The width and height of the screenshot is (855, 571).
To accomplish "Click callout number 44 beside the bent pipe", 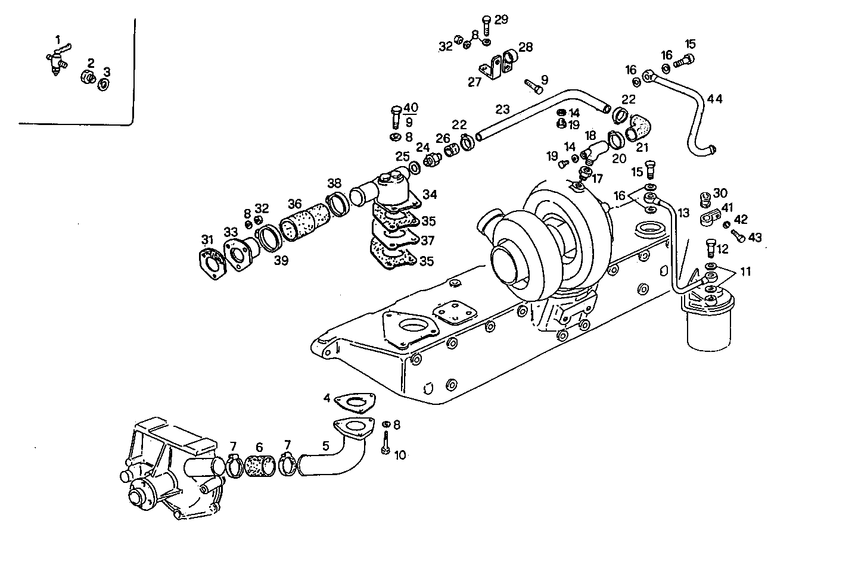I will tap(714, 99).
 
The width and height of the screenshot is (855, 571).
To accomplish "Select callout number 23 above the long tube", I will tap(502, 110).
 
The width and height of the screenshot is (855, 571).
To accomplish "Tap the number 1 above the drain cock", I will tap(58, 39).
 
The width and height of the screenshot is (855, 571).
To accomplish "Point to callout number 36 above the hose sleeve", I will tap(296, 202).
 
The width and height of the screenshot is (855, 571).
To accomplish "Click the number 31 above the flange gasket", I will tap(207, 239).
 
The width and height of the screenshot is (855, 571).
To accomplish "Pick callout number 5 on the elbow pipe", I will tap(325, 445).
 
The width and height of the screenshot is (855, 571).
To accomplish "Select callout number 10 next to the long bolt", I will tap(400, 455).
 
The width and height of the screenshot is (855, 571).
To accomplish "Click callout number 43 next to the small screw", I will tap(755, 237).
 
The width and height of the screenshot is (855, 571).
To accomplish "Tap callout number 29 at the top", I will tap(501, 20).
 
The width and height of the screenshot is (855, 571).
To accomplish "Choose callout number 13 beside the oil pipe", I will tap(683, 213).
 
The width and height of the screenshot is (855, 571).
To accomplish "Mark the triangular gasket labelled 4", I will tap(356, 402).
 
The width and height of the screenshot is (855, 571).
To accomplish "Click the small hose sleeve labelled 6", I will tap(259, 466).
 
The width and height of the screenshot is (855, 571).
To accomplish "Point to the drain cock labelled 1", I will tap(56, 60).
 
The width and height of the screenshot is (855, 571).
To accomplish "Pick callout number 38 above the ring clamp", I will tap(334, 183).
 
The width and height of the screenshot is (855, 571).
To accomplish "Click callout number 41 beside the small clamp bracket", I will tap(727, 208).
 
